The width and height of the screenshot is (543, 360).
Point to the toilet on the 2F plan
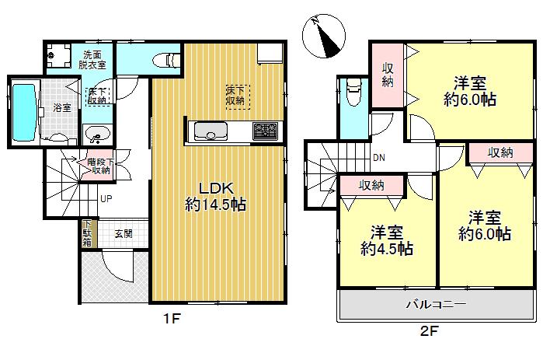[x=353, y=93]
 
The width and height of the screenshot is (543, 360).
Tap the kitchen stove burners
[x=263, y=130]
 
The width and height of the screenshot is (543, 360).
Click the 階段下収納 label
[x=99, y=166]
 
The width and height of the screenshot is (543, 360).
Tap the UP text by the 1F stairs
[x=104, y=198]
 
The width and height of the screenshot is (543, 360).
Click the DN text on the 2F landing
[x=379, y=159]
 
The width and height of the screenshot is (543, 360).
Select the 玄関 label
[x=124, y=232]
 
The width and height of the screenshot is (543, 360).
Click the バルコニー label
[x=435, y=305]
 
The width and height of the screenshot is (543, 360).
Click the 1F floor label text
[x=172, y=318]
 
